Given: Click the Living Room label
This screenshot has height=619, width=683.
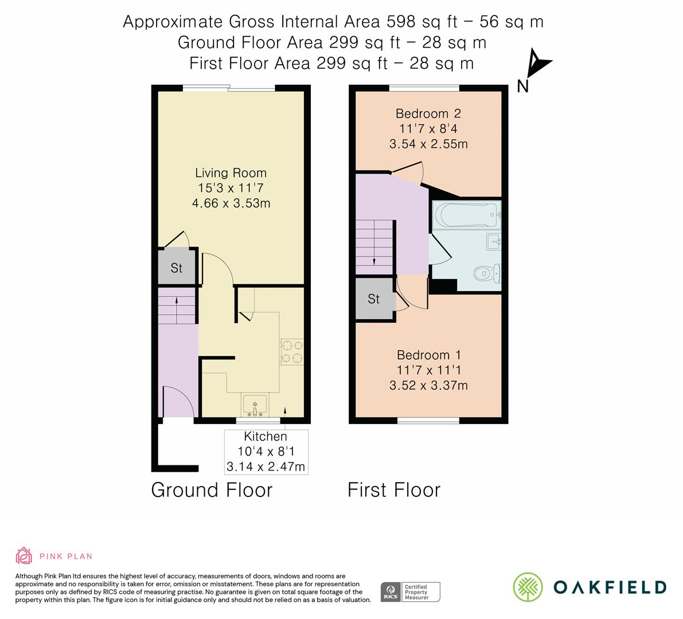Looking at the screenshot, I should (231, 173).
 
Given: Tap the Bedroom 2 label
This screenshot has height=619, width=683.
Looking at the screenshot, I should (428, 113).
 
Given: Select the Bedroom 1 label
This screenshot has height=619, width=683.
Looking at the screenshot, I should (428, 355).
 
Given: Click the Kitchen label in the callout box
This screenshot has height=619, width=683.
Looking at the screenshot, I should (266, 437).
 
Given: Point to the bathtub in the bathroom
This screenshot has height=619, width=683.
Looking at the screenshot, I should (466, 216).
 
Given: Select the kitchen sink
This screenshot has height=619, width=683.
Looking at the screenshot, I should (253, 404).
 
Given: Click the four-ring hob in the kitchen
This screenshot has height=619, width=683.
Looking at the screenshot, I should (291, 351).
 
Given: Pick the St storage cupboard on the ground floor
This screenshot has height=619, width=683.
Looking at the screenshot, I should (177, 268).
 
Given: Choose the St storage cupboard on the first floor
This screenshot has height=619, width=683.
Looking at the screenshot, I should (374, 299).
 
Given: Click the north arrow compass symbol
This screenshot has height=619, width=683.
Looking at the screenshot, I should (536, 65).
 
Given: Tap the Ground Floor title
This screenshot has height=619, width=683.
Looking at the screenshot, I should (212, 490).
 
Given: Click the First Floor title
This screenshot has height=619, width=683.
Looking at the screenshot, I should (394, 490).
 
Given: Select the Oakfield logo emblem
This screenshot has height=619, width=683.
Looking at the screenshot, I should (527, 587).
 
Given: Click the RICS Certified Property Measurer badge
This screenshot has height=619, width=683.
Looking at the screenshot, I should (411, 591).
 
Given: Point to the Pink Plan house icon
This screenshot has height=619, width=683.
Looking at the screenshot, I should (24, 555).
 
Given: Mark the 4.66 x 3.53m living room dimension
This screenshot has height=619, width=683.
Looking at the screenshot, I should (231, 203).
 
